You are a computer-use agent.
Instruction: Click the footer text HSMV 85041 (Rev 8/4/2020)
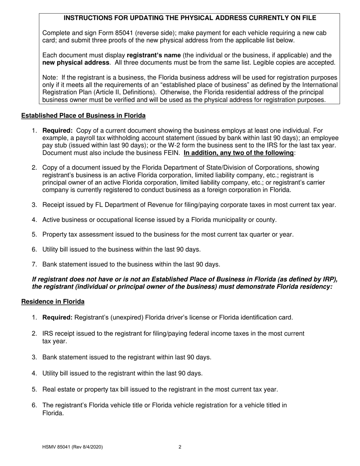72,447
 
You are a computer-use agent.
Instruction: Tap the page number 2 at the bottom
180,447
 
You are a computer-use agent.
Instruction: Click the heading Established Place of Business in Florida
83,115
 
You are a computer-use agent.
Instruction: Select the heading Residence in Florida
53,302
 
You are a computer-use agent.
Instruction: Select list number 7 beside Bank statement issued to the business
34,264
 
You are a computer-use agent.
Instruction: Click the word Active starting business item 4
51,220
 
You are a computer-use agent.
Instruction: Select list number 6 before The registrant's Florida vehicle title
34,405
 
